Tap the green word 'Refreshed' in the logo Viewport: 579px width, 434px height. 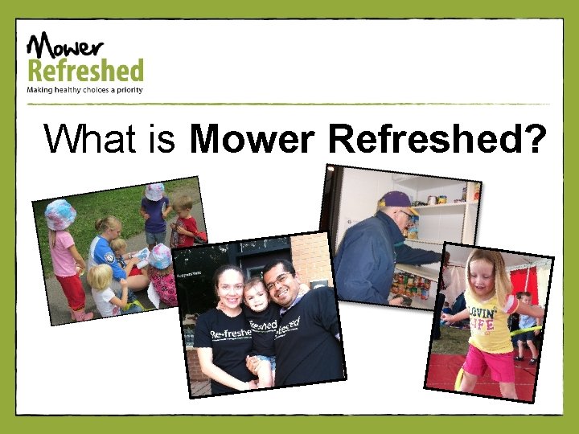point(85,70)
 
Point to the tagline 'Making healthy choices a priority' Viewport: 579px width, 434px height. point(85,90)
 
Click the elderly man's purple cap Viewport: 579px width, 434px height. point(396,199)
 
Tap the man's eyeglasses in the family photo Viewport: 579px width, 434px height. point(278,281)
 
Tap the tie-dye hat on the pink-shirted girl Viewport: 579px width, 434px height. point(60,215)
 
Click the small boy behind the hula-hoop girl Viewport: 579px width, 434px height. point(527,321)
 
